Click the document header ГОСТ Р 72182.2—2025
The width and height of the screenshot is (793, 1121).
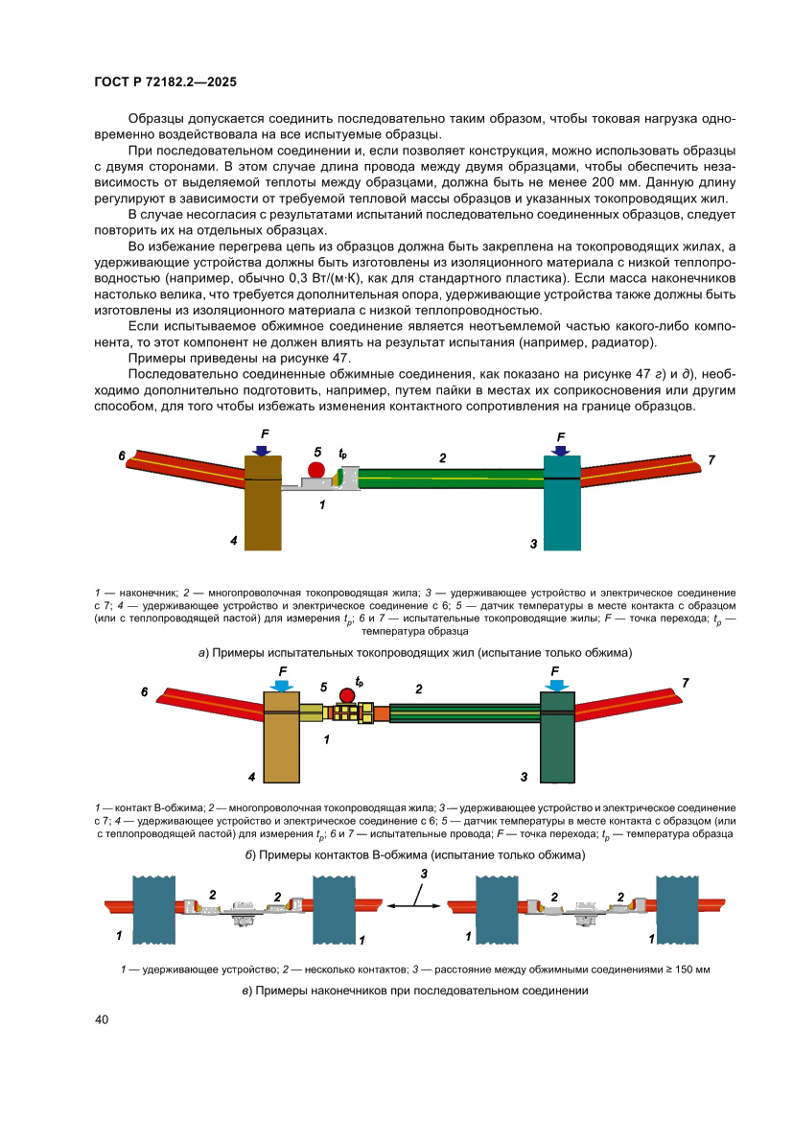pos(165,82)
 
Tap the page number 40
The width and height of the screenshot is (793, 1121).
pos(102,1018)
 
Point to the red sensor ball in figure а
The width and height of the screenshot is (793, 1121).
pos(315,470)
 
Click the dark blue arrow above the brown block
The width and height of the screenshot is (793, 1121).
pos(262,449)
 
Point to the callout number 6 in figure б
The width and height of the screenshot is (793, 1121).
pos(144,691)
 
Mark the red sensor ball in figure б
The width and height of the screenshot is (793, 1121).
pos(347,695)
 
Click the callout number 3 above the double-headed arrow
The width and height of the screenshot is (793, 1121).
pos(423,874)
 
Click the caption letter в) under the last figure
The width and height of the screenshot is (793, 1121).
pos(247,990)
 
